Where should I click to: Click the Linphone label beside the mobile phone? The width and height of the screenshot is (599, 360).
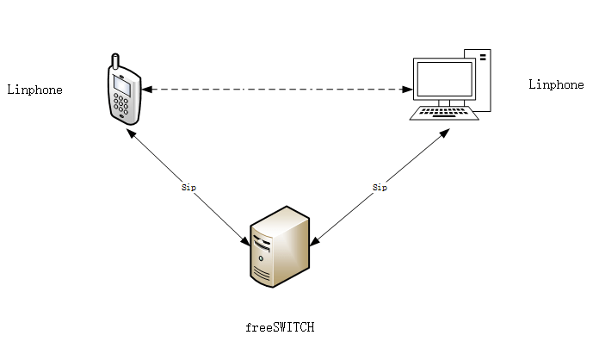[x=34, y=90]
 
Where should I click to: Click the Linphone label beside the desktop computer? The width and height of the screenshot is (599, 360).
[x=555, y=84]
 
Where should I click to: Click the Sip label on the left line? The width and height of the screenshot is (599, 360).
[x=188, y=186]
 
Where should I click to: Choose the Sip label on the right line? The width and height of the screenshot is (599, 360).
[x=380, y=186]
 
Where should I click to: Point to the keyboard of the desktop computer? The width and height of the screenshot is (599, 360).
[x=444, y=111]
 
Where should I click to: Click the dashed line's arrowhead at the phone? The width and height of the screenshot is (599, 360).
[x=146, y=89]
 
